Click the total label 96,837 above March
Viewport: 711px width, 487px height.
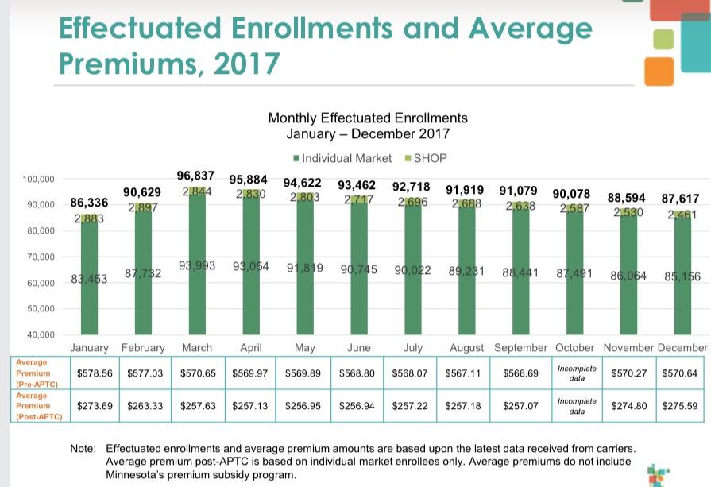pyautogui.click(x=198, y=176)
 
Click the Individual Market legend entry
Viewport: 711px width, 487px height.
pyautogui.click(x=342, y=157)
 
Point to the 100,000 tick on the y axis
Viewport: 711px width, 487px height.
pyautogui.click(x=37, y=180)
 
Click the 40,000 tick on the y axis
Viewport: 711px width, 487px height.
pyautogui.click(x=40, y=335)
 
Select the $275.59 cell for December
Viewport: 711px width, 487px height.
pyautogui.click(x=679, y=405)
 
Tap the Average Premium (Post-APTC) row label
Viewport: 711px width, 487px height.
pyautogui.click(x=35, y=405)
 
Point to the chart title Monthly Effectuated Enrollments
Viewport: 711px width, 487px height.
pyautogui.click(x=368, y=118)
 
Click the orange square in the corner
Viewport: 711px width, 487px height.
pyautogui.click(x=659, y=70)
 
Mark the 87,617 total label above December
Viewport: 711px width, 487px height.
pyautogui.click(x=679, y=198)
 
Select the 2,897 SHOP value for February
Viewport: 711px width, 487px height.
pyautogui.click(x=143, y=207)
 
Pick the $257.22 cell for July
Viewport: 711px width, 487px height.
pyautogui.click(x=412, y=405)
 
